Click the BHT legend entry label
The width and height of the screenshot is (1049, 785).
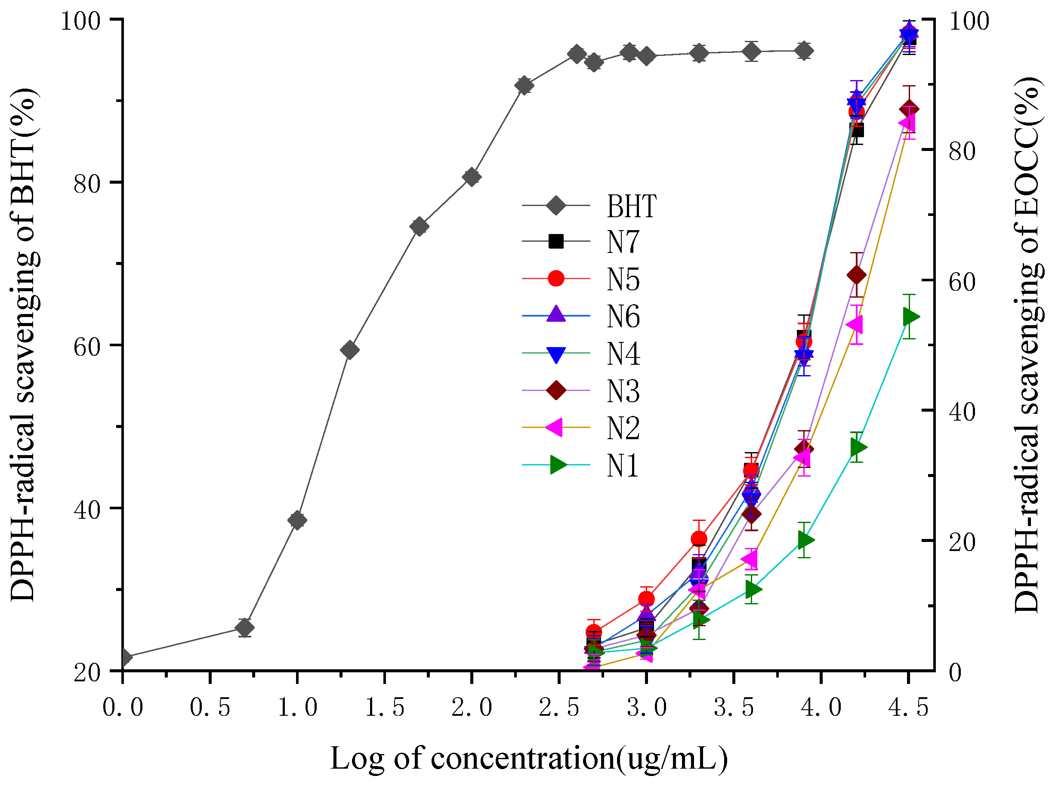631,206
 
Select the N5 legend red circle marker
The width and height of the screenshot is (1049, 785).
556,278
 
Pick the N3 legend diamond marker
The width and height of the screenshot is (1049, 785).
556,391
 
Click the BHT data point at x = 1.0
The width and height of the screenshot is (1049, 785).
297,520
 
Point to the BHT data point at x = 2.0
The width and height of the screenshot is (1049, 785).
472,177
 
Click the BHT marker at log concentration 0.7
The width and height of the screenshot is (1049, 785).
244,628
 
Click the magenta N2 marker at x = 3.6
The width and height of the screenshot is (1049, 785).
751,559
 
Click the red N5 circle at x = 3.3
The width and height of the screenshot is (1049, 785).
699,539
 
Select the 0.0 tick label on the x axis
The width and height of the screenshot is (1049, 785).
123,707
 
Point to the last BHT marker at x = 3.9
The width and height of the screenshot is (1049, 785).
803,50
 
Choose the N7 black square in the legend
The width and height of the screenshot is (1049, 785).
556,241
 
